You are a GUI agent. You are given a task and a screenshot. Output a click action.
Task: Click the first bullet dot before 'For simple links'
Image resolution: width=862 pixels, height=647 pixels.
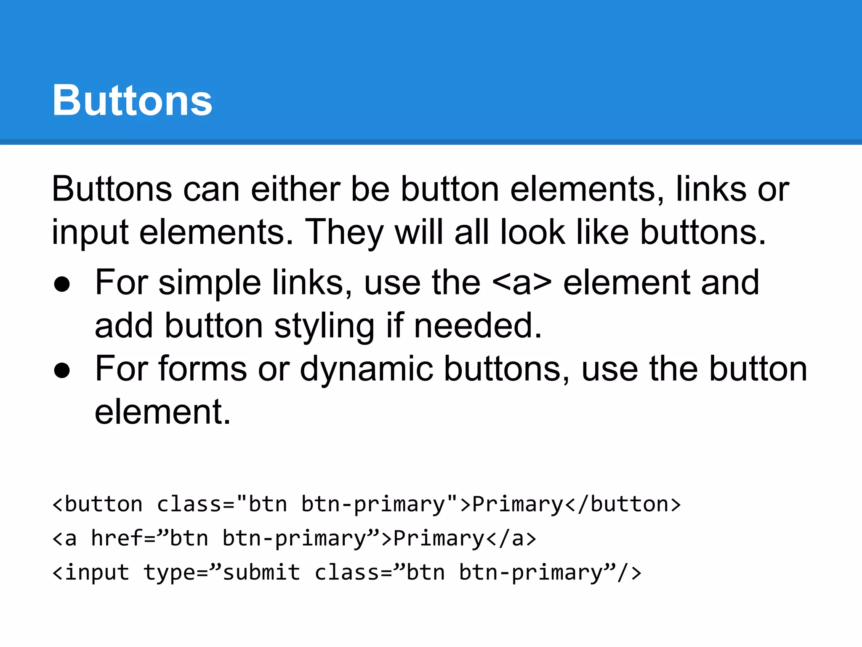point(62,284)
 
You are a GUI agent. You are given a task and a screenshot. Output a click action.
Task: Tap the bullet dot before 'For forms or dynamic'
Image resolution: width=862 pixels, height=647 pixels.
point(62,370)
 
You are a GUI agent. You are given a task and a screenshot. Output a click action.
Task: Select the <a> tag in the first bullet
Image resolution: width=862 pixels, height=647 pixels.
point(521,283)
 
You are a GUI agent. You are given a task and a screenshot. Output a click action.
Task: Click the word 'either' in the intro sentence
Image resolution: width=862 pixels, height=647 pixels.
point(295,189)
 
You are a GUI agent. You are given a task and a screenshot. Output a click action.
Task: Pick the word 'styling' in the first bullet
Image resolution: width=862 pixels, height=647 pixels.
point(324,326)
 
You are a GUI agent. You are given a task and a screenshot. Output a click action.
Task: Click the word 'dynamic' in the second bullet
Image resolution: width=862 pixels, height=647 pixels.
point(366,369)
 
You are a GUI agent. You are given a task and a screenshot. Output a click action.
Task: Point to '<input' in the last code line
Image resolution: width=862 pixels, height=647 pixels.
point(90,572)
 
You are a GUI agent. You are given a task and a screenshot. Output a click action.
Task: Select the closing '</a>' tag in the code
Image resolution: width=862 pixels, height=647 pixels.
point(511,538)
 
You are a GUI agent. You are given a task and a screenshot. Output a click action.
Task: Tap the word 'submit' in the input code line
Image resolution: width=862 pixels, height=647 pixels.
point(261,572)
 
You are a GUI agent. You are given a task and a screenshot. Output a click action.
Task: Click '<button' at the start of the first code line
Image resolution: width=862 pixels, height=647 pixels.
point(97,504)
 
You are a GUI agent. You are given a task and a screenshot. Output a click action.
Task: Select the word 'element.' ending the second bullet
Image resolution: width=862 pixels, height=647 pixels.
point(162,412)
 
